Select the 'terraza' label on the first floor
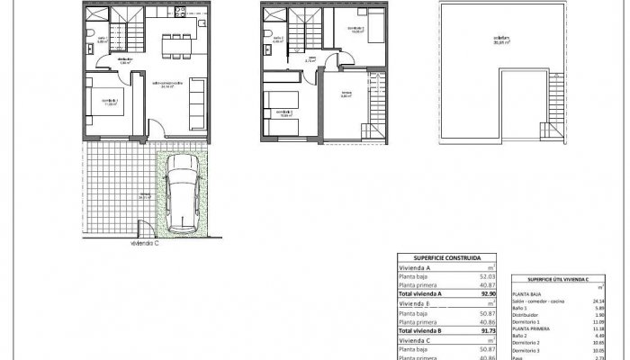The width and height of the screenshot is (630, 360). (346, 94)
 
